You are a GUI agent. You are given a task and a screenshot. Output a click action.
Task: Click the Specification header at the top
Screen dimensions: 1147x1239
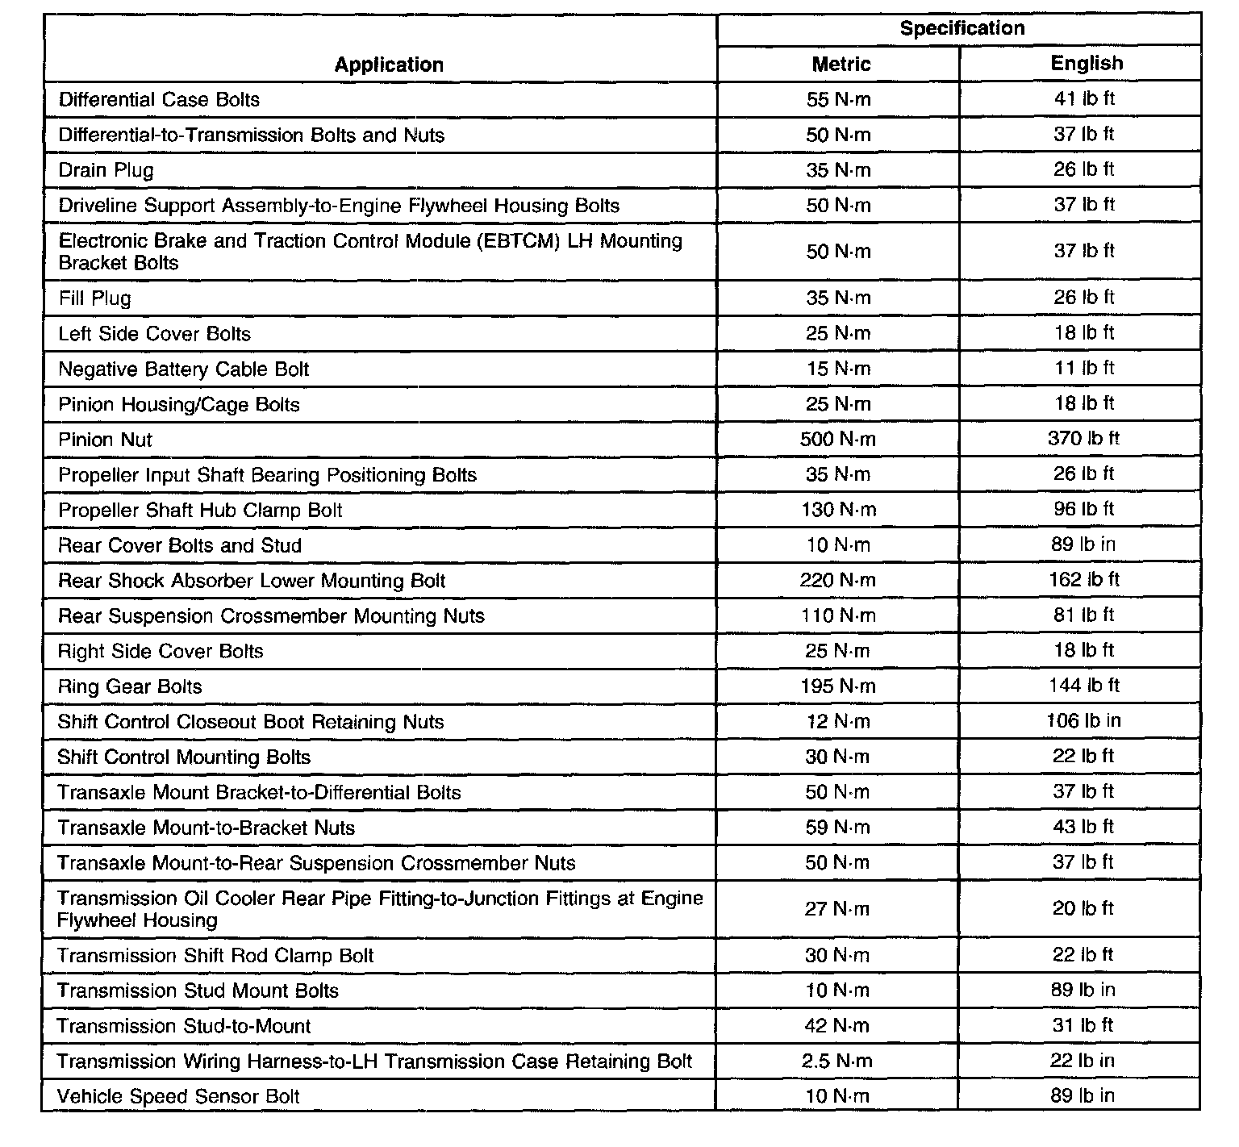click(x=962, y=28)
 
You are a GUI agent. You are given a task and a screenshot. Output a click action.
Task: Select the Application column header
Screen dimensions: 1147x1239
click(x=389, y=65)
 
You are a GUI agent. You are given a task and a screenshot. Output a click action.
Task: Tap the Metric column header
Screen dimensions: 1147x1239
click(x=841, y=64)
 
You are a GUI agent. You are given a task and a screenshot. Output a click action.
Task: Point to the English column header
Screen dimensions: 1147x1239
click(x=1086, y=63)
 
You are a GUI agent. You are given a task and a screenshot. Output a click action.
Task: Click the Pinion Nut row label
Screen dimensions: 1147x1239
click(x=105, y=440)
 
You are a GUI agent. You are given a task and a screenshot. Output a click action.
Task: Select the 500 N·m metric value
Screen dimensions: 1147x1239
click(x=838, y=440)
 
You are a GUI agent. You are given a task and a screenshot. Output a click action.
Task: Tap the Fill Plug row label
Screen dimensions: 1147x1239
click(x=94, y=298)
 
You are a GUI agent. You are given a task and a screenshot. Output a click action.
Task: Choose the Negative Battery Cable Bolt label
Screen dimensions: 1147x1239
click(x=184, y=369)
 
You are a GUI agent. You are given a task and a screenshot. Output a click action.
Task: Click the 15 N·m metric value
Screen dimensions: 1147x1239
click(x=838, y=369)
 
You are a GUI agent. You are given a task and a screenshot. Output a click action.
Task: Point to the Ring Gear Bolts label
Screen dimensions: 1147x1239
click(x=130, y=686)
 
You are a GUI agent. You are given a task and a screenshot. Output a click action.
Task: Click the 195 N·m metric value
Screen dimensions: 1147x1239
click(x=838, y=686)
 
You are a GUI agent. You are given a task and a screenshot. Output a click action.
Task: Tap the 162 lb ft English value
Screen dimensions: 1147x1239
click(x=1083, y=580)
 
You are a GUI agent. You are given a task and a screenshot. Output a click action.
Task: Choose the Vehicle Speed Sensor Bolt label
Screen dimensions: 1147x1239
click(x=178, y=1097)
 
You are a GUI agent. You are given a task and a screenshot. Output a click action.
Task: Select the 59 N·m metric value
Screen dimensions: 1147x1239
click(x=837, y=828)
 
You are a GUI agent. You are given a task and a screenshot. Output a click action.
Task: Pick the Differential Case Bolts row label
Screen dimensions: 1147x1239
click(x=159, y=100)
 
